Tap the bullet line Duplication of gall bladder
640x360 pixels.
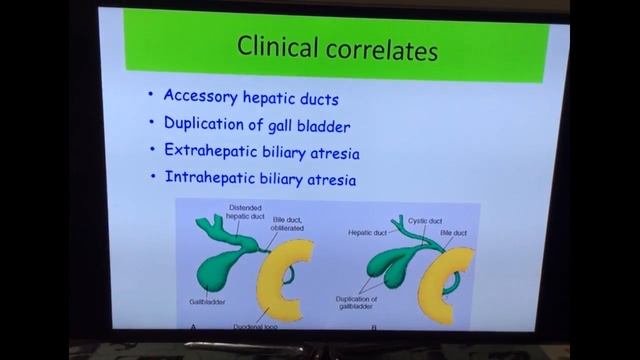click(x=257, y=125)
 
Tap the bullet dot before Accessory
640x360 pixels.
click(x=151, y=97)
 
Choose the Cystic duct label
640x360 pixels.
click(x=425, y=220)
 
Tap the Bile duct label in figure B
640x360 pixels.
click(x=454, y=232)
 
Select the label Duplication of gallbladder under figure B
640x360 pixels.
click(x=357, y=303)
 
